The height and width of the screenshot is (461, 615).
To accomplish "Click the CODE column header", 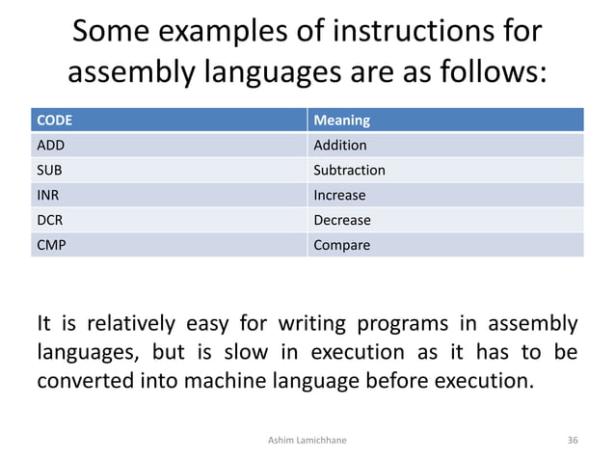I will [54, 121].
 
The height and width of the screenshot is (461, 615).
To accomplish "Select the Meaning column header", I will [341, 121].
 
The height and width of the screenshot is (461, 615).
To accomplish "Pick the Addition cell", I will [340, 146].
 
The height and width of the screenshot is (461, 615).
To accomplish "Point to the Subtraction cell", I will [349, 171].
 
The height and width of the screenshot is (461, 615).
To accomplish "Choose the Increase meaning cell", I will [339, 196].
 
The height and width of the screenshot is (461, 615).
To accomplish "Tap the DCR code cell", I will [49, 221].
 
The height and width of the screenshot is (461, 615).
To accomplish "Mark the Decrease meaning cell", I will [342, 221].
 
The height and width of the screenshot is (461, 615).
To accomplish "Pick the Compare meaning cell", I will [341, 246].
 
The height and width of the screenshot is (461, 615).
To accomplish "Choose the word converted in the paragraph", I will [84, 379].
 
